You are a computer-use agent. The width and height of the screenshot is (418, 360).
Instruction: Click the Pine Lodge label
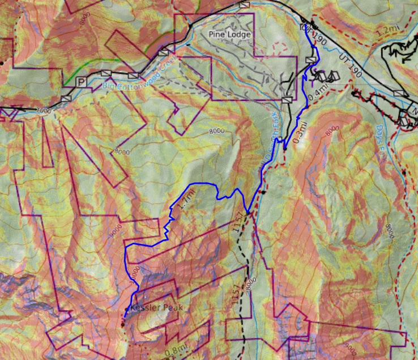point(230,35)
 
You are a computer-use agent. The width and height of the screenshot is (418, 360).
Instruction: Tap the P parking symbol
point(81,82)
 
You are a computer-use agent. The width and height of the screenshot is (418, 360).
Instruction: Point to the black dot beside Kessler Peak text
point(126,309)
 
